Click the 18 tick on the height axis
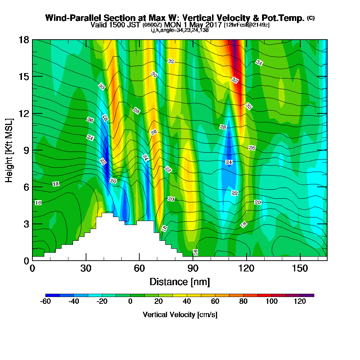pyautogui.click(x=24, y=40)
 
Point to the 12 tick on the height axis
pyautogui.click(x=24, y=113)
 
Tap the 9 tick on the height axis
pyautogui.click(x=26, y=150)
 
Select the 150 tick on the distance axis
pyautogui.click(x=300, y=269)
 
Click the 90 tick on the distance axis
pyautogui.click(x=193, y=269)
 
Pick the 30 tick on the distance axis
pyautogui.click(x=86, y=269)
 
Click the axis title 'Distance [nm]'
pyautogui.click(x=180, y=282)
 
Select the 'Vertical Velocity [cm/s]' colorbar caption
pyautogui.click(x=180, y=315)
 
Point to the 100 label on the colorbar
pyautogui.click(x=272, y=302)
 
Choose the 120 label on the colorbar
pyautogui.click(x=300, y=302)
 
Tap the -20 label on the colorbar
pyautogui.click(x=102, y=302)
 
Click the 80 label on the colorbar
pyautogui.click(x=243, y=302)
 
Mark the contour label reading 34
pyautogui.click(x=259, y=62)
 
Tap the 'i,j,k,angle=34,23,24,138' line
pyautogui.click(x=180, y=30)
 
